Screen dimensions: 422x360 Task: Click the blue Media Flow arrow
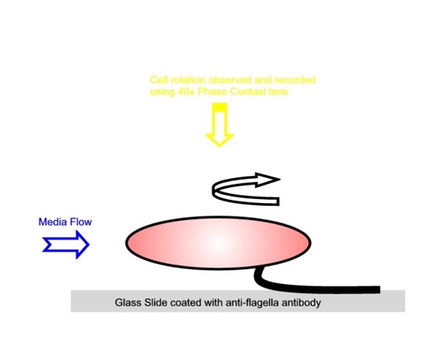tap(67, 244)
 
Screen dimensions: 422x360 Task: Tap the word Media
tap(52, 222)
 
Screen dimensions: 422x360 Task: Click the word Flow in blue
tap(81, 222)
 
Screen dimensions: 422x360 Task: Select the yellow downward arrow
tap(220, 125)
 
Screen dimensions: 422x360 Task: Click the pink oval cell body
tap(218, 243)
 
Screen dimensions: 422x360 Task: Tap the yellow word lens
tap(278, 92)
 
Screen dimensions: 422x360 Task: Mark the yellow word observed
tap(230, 80)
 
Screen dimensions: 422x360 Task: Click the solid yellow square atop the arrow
tap(220, 107)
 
